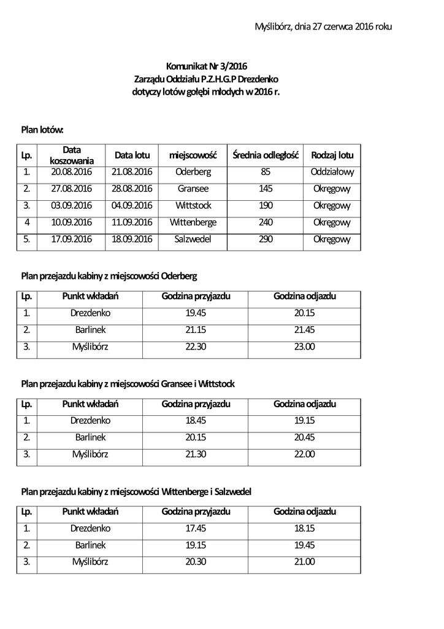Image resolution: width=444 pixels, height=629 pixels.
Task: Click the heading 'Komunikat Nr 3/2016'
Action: coord(206,66)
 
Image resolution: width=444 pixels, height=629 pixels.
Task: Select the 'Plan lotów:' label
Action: coord(42,130)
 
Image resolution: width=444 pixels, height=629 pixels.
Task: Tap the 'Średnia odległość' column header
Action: coord(265,155)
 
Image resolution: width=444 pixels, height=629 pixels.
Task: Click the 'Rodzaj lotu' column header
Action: coord(332,155)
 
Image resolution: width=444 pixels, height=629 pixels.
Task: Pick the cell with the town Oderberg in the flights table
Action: coord(193,172)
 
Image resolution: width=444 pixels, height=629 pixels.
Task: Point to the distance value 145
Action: coord(266,189)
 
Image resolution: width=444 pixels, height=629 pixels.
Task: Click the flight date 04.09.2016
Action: coord(132,205)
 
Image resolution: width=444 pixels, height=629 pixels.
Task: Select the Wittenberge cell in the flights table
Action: coord(193,222)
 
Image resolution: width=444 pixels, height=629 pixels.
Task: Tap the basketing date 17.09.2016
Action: coord(71,238)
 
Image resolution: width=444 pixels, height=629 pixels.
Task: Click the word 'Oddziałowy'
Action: coord(332,172)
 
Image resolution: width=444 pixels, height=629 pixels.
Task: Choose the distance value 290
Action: coord(266,238)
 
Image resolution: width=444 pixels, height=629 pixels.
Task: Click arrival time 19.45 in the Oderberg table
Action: coord(196,313)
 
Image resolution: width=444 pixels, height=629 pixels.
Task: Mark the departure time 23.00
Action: coord(305,346)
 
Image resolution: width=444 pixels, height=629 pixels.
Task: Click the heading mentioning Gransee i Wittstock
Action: coord(128,384)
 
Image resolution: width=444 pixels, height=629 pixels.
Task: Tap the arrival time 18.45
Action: coord(196,421)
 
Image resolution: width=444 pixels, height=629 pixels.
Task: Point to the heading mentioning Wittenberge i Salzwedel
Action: coord(136,491)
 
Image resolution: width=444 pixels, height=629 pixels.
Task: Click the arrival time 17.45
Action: coord(196,528)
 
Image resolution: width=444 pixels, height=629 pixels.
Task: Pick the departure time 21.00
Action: coord(305,561)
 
